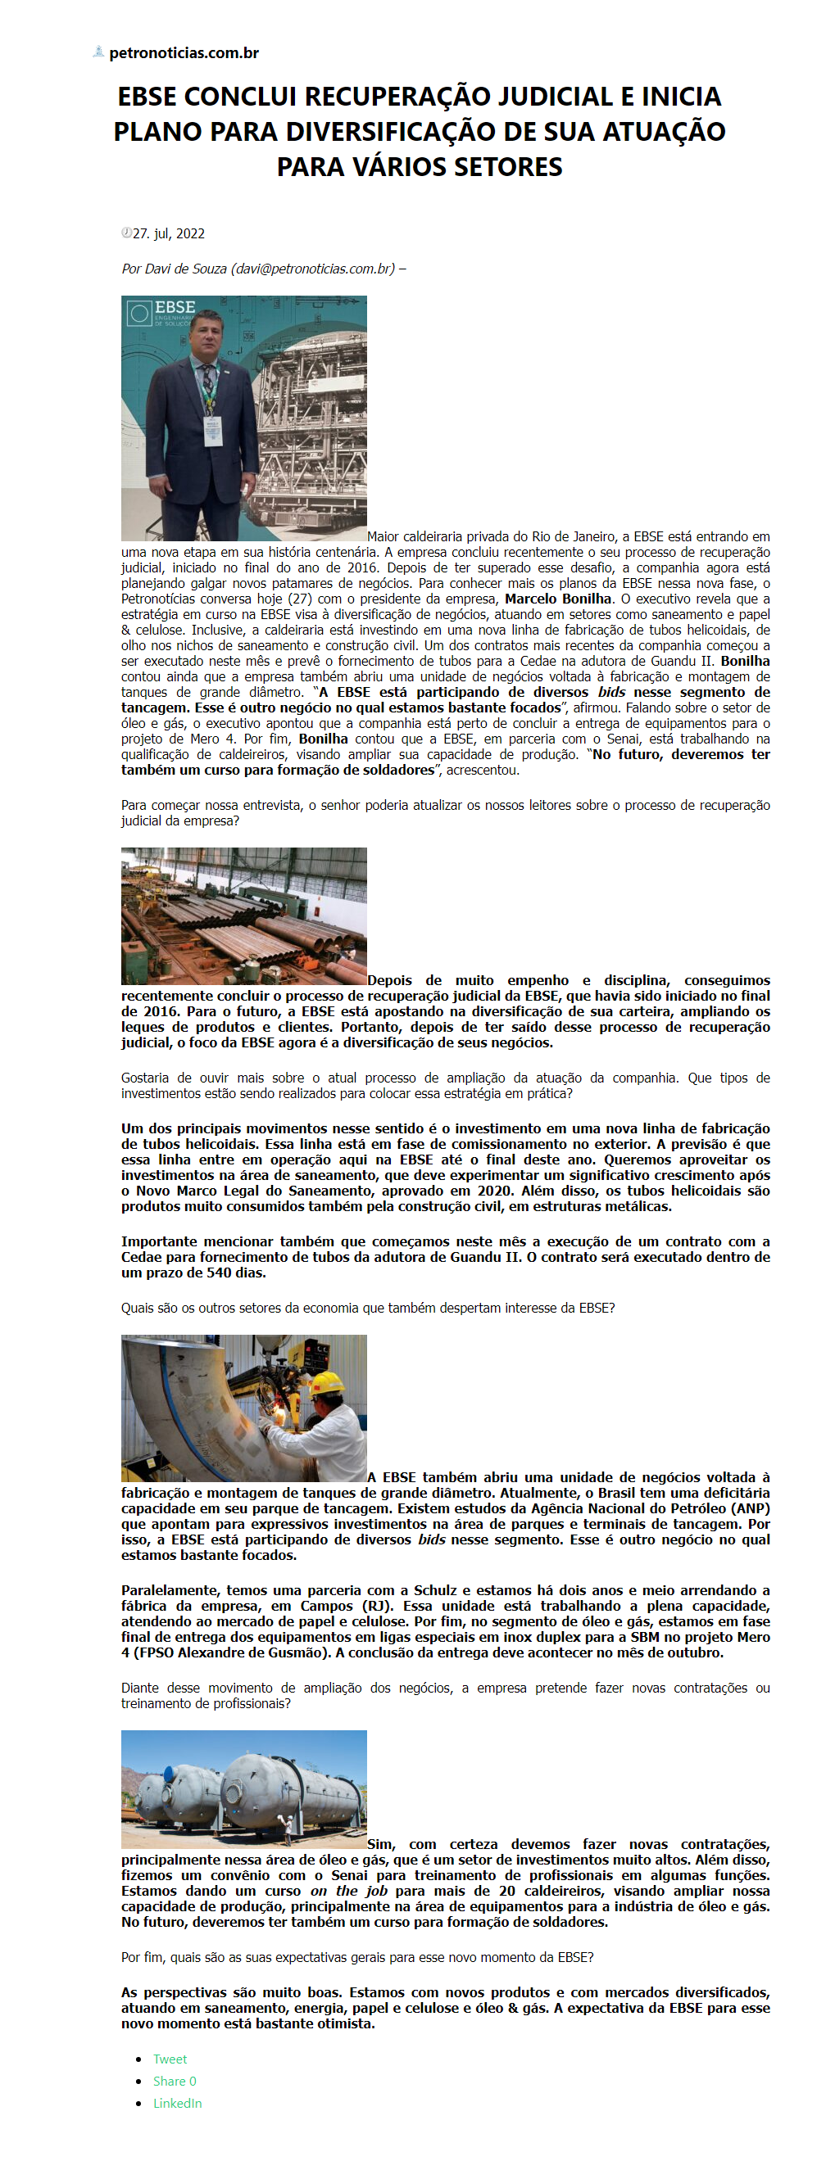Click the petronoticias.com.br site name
(x=183, y=53)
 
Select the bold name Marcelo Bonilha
(x=558, y=599)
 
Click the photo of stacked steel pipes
(x=243, y=916)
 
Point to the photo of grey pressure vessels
(x=243, y=1790)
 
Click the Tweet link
(x=170, y=2059)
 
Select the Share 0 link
(x=175, y=2081)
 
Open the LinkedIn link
(x=177, y=2103)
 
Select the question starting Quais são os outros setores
(x=367, y=1308)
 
